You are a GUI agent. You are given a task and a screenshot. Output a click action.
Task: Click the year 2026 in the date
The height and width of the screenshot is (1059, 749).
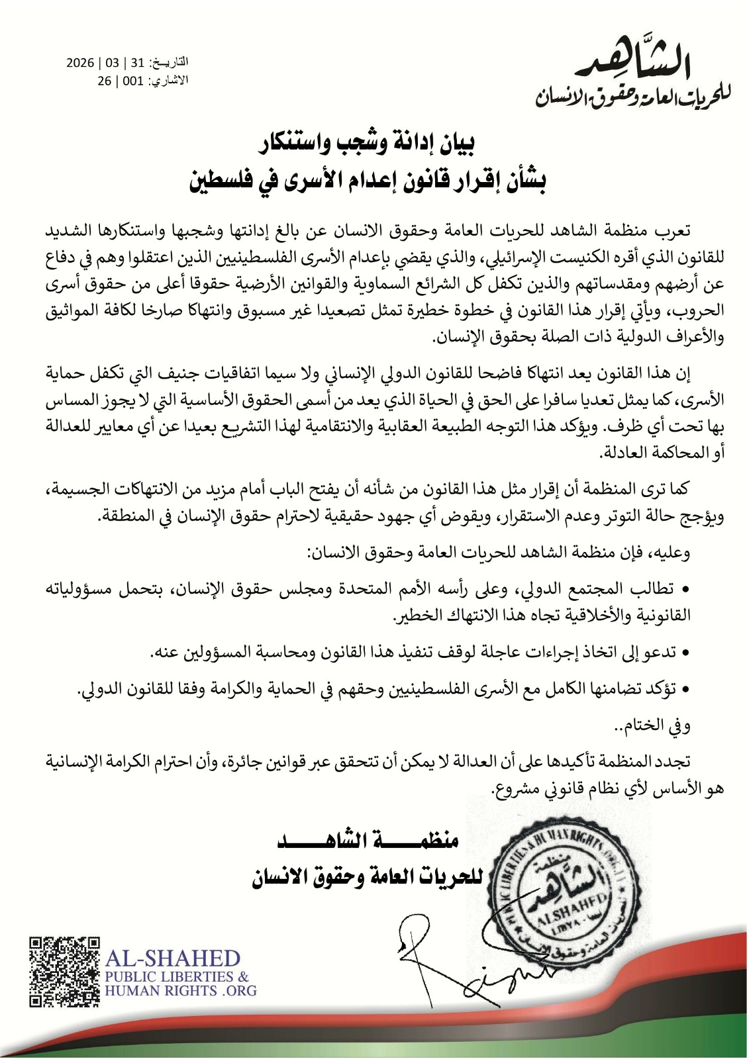point(79,64)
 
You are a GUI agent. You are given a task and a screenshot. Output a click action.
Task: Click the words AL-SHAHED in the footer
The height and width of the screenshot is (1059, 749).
point(173,958)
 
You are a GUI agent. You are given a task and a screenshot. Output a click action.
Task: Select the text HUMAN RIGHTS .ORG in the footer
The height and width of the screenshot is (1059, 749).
point(180,991)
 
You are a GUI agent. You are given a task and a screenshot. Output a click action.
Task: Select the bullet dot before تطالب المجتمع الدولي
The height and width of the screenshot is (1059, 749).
point(685,590)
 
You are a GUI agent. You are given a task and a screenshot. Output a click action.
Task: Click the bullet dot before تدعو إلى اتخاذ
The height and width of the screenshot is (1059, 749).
point(685,653)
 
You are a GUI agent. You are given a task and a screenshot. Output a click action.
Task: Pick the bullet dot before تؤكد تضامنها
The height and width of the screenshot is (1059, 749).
point(685,690)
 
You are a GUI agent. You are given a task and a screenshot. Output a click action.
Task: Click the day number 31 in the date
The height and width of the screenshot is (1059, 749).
point(137,64)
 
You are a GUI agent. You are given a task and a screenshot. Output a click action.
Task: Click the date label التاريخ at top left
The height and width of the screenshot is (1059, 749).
point(170,64)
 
